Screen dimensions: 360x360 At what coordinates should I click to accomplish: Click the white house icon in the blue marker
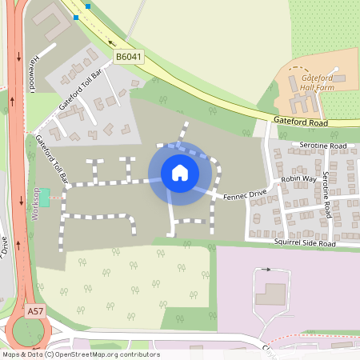pyautogui.click(x=180, y=173)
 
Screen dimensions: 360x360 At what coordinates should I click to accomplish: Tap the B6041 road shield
pyautogui.click(x=129, y=57)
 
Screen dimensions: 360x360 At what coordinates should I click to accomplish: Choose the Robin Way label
pyautogui.click(x=298, y=180)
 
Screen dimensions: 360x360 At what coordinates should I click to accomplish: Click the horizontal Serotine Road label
pyautogui.click(x=322, y=146)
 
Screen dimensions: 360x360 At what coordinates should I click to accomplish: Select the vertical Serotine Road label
pyautogui.click(x=327, y=194)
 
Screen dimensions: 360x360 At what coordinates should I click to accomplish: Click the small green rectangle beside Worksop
pyautogui.click(x=45, y=196)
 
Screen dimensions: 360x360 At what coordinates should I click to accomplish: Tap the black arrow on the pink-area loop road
pyautogui.click(x=266, y=270)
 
